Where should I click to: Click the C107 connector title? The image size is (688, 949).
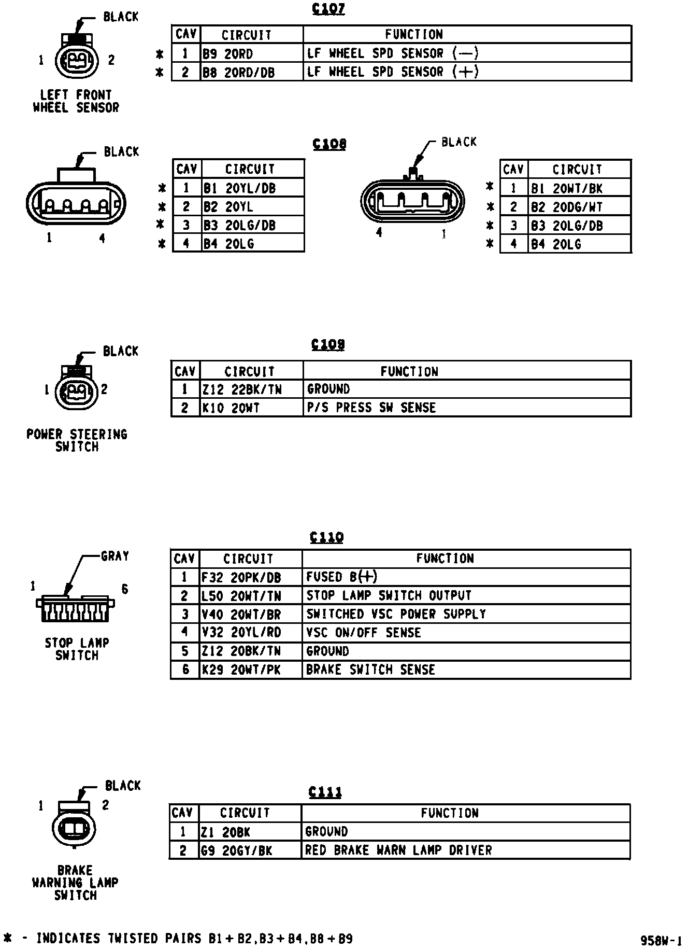[328, 9]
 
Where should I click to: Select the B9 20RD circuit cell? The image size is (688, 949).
[252, 53]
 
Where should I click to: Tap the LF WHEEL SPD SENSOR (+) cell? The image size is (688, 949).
[466, 72]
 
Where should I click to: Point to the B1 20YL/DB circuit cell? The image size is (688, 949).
[253, 188]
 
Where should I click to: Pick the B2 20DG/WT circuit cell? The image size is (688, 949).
[579, 207]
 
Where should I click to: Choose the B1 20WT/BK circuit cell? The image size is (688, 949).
[579, 188]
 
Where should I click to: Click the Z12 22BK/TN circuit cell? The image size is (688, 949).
[251, 389]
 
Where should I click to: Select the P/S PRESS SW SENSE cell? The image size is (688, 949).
[466, 408]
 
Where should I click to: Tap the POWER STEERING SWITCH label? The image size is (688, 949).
[77, 440]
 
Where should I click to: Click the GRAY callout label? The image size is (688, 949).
[114, 556]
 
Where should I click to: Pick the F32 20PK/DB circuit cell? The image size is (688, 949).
[251, 577]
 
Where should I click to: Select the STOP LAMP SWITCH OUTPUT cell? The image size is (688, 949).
[466, 595]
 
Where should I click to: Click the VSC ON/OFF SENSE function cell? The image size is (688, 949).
[466, 633]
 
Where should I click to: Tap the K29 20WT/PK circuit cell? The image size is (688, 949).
[251, 669]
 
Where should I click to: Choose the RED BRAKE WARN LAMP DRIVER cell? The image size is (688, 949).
[465, 850]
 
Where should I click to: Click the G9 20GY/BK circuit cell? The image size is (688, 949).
[250, 850]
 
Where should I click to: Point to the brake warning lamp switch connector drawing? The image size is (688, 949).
[74, 829]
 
